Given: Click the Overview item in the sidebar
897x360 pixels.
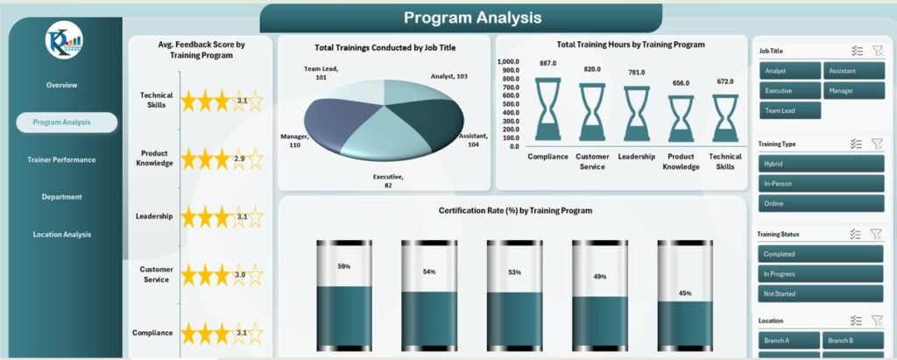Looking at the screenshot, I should point(61,85).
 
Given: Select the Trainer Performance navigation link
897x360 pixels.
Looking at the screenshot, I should point(61,159).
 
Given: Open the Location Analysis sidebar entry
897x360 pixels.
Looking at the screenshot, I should point(61,234).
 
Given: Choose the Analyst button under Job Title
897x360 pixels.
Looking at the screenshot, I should point(789,71).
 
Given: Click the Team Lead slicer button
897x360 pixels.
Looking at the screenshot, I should point(789,110).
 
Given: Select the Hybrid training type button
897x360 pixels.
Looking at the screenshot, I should point(820,164).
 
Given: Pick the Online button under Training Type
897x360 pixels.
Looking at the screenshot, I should point(820,203).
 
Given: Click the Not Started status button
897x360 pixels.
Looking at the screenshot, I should point(820,293).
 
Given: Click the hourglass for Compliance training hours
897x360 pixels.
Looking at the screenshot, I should point(548,109).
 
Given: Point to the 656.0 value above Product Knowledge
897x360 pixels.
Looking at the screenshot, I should point(681,83).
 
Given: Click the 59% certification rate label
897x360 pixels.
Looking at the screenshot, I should point(343,266).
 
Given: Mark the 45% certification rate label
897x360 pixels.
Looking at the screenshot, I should point(686,293).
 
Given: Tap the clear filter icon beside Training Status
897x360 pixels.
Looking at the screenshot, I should point(875,234).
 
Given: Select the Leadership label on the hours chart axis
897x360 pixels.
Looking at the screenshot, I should point(637,156).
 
